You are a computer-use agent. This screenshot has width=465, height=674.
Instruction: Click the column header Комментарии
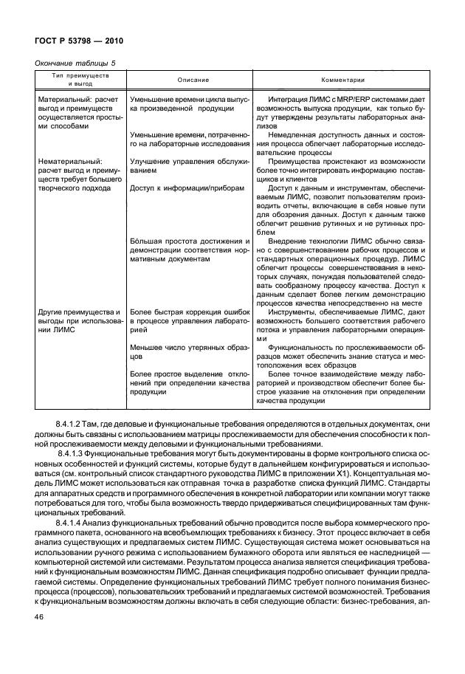click(x=340, y=80)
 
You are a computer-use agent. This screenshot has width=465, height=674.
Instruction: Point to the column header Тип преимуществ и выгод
click(x=80, y=80)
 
